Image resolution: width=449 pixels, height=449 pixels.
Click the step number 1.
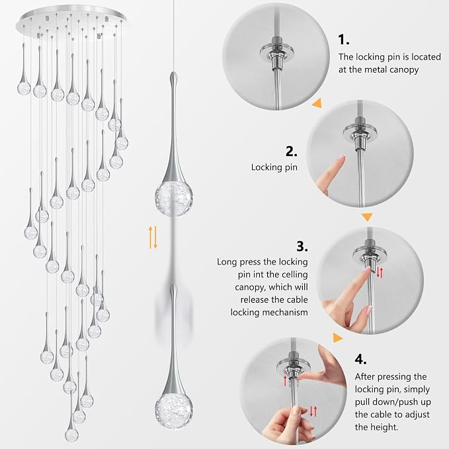pyautogui.click(x=343, y=40)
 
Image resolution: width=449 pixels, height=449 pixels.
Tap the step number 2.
pyautogui.click(x=291, y=151)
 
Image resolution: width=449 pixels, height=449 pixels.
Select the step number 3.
pyautogui.click(x=302, y=246)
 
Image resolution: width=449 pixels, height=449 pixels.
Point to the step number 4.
pyautogui.click(x=360, y=359)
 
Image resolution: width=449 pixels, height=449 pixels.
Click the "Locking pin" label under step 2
pyautogui.click(x=274, y=167)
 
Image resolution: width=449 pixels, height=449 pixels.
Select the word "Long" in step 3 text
pyautogui.click(x=227, y=262)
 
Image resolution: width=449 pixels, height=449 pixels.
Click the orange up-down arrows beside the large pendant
pyautogui.click(x=153, y=237)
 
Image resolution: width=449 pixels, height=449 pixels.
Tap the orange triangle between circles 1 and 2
pyautogui.click(x=317, y=103)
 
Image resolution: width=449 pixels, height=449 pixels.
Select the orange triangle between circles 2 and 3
pyautogui.click(x=367, y=217)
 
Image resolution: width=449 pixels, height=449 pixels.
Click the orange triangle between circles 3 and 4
pyautogui.click(x=338, y=338)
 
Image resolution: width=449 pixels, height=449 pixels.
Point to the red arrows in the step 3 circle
pyautogui.click(x=380, y=272)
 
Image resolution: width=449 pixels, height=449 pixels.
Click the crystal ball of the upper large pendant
pyautogui.click(x=174, y=198)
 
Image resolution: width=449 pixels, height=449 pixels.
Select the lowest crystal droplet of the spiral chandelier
pyautogui.click(x=71, y=434)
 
